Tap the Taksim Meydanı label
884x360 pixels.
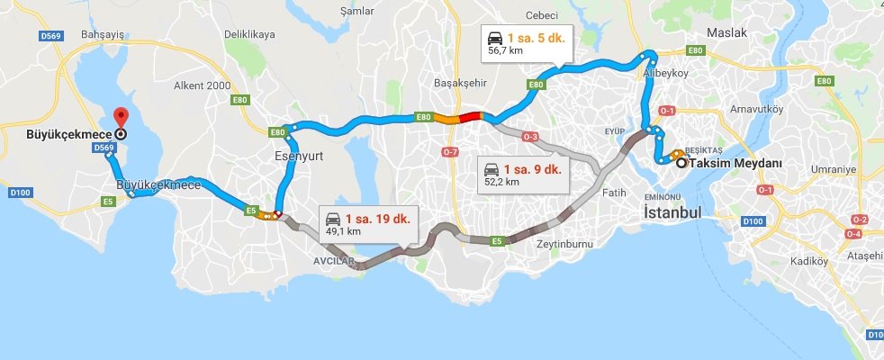tap(730, 163)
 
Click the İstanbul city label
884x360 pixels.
tap(672, 214)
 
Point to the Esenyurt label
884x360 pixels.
tap(299, 155)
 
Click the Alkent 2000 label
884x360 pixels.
tap(203, 85)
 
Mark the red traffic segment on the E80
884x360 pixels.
tap(471, 116)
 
